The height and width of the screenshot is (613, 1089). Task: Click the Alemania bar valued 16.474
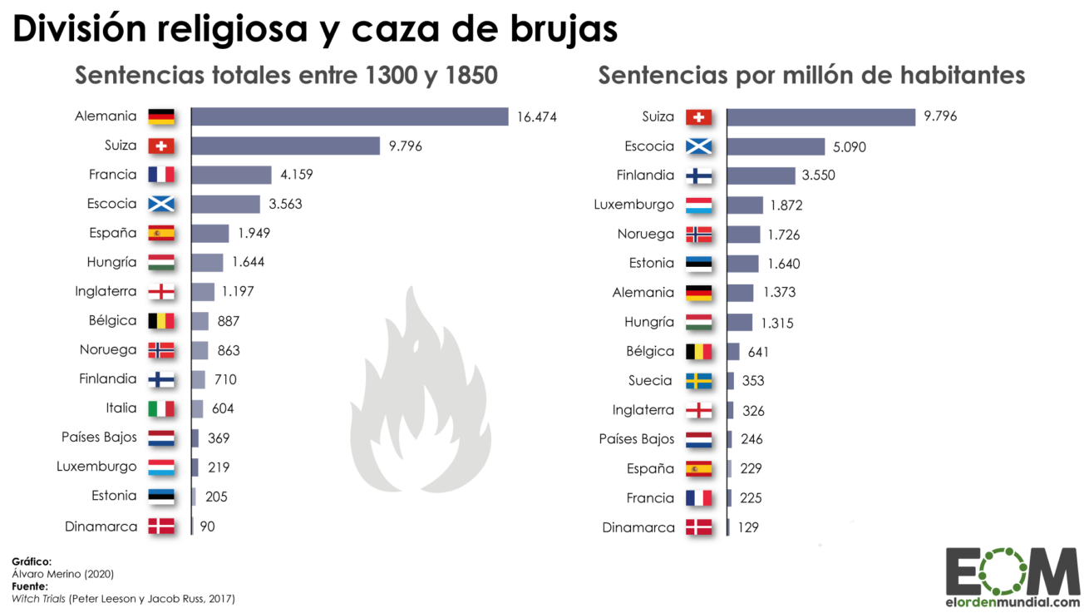pyautogui.click(x=349, y=116)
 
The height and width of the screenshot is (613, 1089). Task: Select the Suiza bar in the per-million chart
pyautogui.click(x=820, y=116)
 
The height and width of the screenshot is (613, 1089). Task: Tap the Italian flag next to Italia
pyautogui.click(x=160, y=408)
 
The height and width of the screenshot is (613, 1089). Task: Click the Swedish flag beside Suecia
pyautogui.click(x=698, y=381)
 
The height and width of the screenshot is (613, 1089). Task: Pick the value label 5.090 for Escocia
pyautogui.click(x=850, y=146)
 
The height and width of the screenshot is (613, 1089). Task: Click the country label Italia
pyautogui.click(x=121, y=408)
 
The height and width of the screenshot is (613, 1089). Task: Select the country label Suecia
pyautogui.click(x=650, y=381)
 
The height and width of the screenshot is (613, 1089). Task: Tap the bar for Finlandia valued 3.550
pyautogui.click(x=761, y=175)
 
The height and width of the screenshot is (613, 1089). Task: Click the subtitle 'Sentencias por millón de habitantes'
pyautogui.click(x=811, y=75)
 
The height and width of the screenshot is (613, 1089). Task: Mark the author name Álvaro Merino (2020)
pyautogui.click(x=62, y=574)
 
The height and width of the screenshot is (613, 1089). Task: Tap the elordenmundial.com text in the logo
pyautogui.click(x=1013, y=601)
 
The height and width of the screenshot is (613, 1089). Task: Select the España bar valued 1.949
pyautogui.click(x=209, y=234)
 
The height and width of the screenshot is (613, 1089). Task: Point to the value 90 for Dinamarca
pyautogui.click(x=207, y=526)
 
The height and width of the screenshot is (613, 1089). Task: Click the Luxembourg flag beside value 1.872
pyautogui.click(x=698, y=205)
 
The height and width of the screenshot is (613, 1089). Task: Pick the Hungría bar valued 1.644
pyautogui.click(x=207, y=263)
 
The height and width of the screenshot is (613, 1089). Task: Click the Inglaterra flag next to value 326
pyautogui.click(x=698, y=411)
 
